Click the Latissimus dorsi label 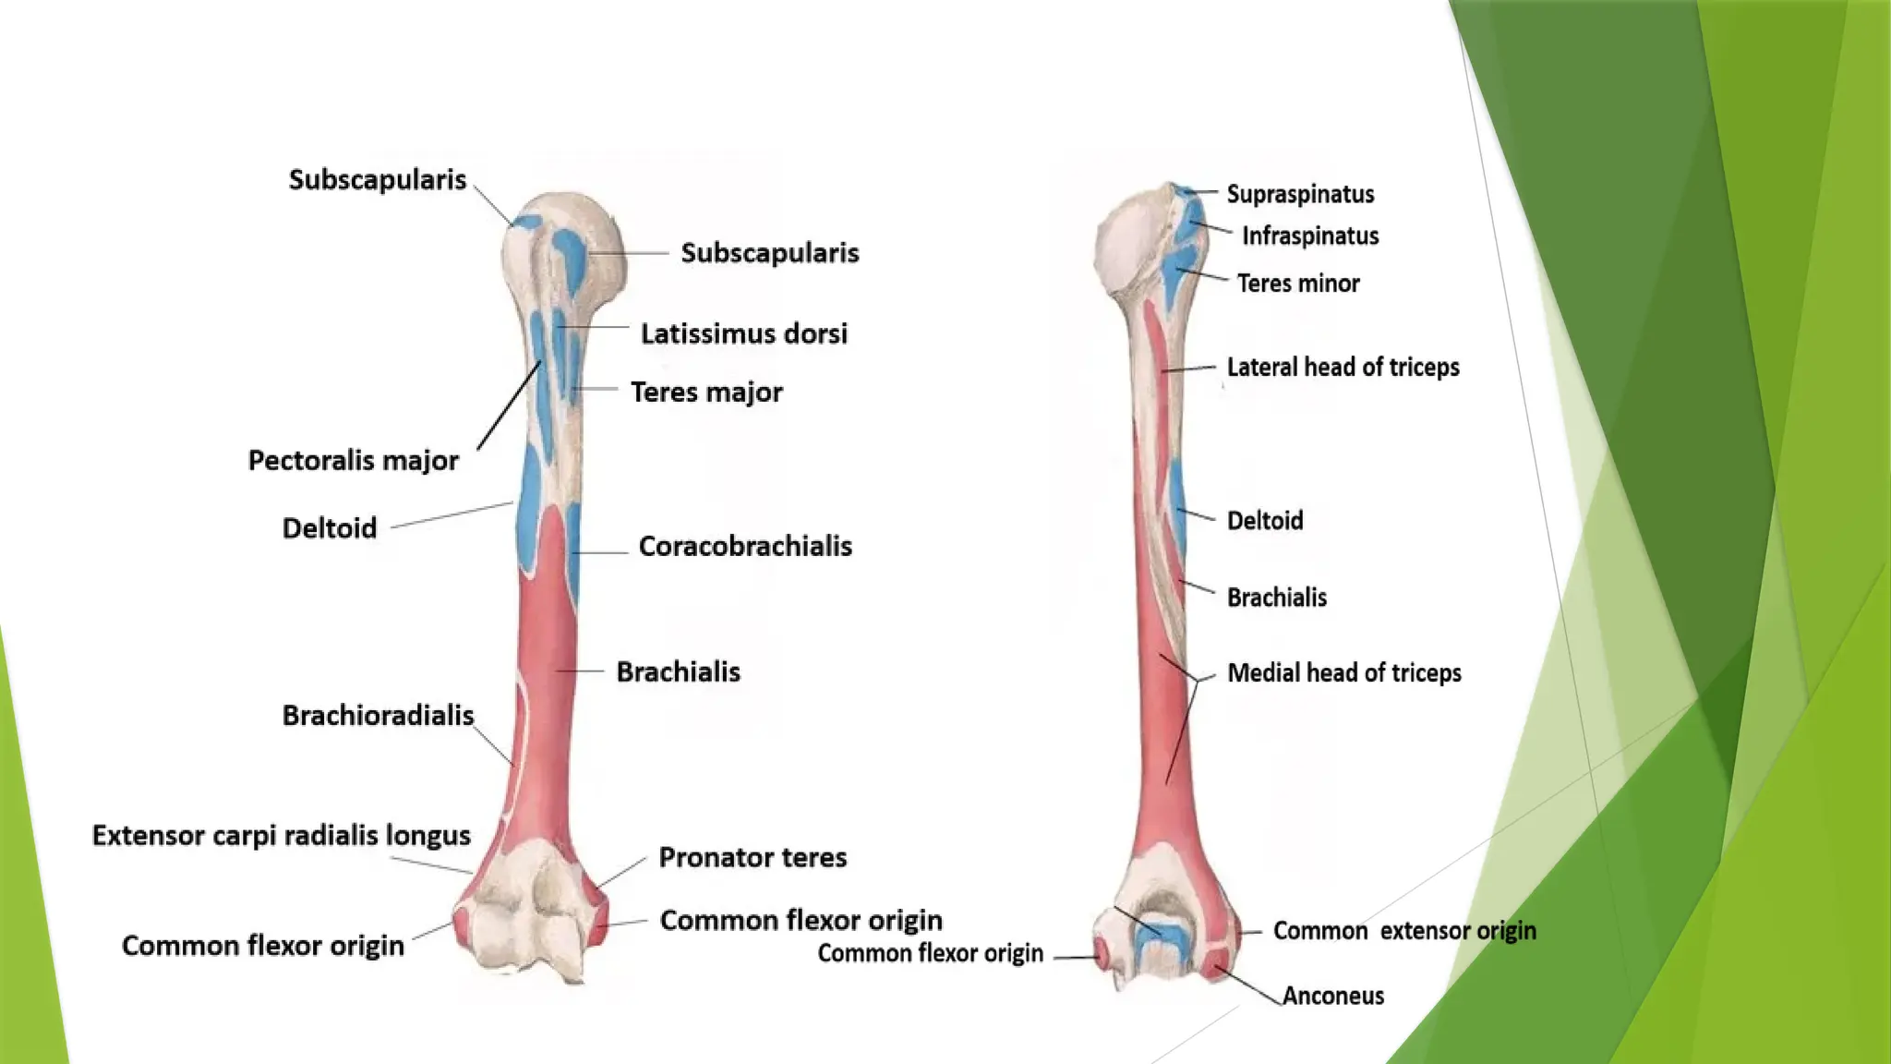[743, 333]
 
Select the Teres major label [706, 392]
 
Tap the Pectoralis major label [353, 460]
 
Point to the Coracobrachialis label [745, 546]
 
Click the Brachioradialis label [378, 715]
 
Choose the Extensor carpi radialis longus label [281, 835]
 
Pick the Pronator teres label [753, 857]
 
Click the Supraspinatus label [1300, 194]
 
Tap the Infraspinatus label [1310, 236]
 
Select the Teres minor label [1298, 283]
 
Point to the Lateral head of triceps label [1343, 367]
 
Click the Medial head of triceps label [1343, 672]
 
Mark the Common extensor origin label [1404, 930]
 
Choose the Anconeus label [1332, 996]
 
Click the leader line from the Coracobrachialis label [601, 552]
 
